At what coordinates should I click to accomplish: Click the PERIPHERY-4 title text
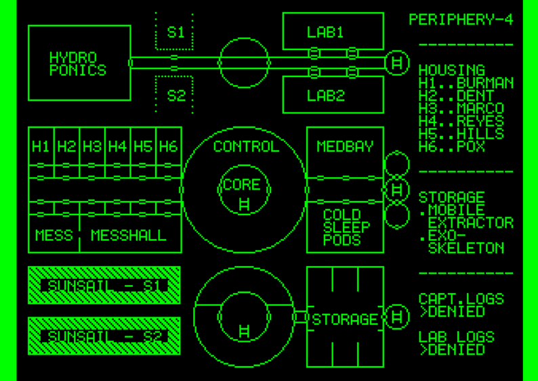(x=461, y=20)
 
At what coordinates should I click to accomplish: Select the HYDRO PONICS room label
(x=78, y=64)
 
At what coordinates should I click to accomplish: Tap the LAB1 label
(x=325, y=32)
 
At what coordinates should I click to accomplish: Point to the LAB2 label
(x=325, y=95)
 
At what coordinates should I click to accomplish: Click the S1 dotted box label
(x=175, y=32)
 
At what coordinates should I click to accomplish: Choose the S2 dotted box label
(x=175, y=95)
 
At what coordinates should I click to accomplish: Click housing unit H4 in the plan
(x=117, y=146)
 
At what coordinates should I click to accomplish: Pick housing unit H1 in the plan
(x=41, y=146)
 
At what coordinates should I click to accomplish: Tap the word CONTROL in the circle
(x=245, y=146)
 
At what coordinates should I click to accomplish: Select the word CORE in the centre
(x=241, y=185)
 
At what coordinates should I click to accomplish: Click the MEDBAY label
(x=345, y=146)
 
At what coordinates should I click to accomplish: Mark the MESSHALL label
(x=129, y=236)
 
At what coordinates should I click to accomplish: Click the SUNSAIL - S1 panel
(x=104, y=286)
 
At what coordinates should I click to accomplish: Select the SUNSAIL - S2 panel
(x=104, y=336)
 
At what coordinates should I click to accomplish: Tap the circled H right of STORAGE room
(x=398, y=317)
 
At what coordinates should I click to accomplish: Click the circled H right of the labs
(x=398, y=63)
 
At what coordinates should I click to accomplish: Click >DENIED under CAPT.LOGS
(x=452, y=311)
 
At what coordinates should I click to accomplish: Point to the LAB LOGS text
(x=456, y=336)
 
